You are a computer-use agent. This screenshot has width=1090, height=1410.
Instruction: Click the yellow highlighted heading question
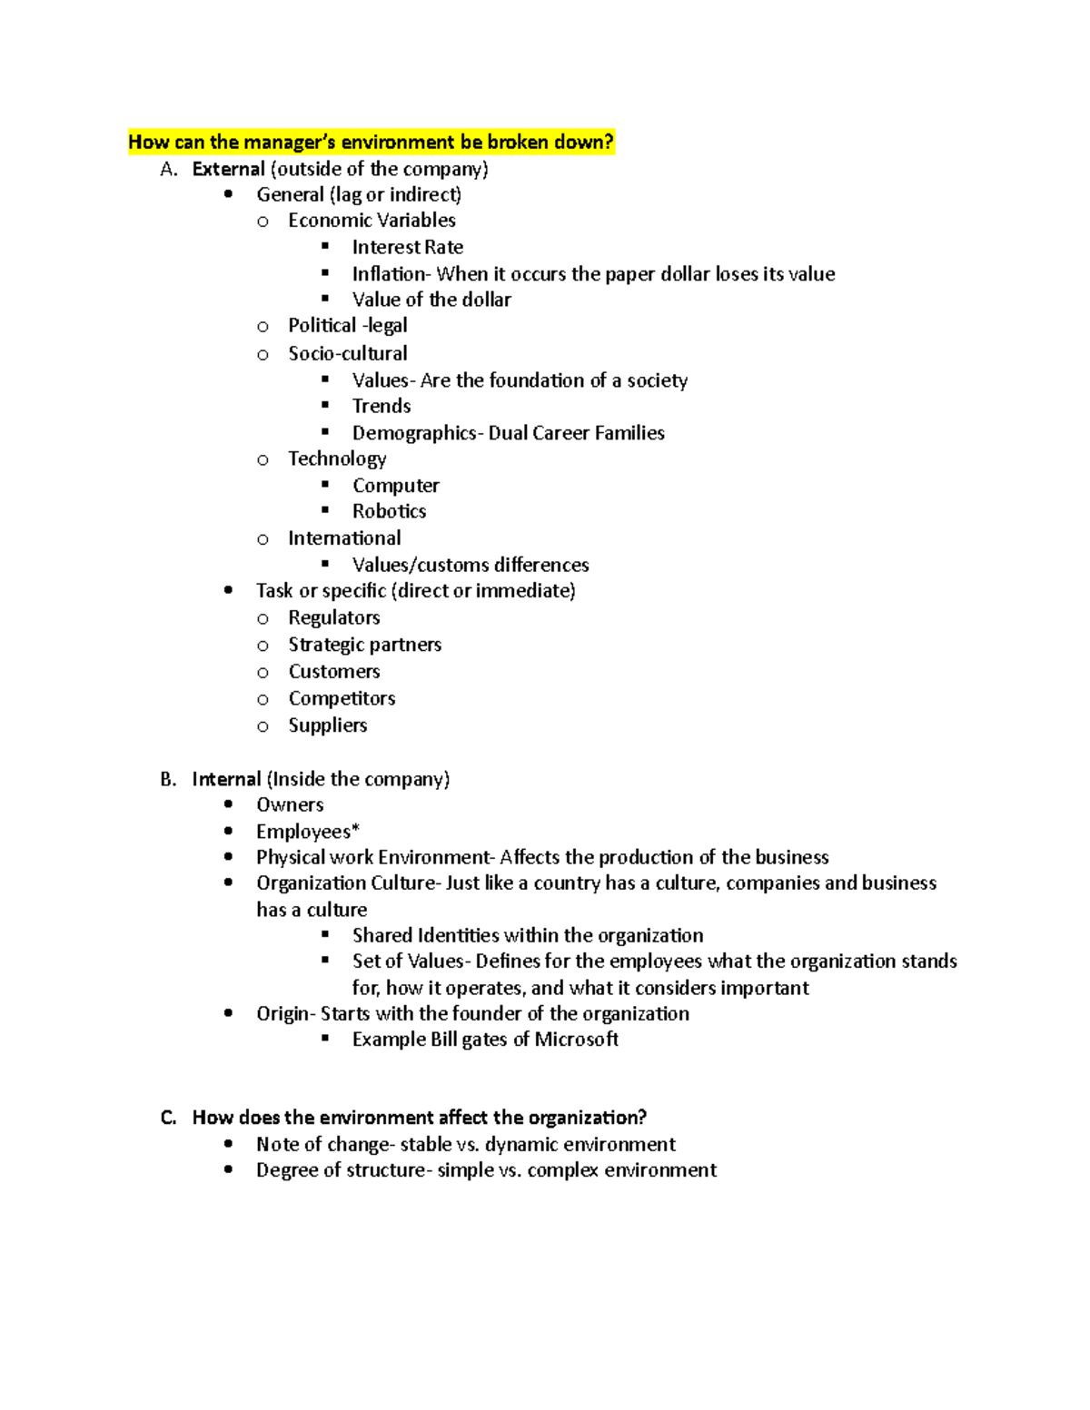coord(371,142)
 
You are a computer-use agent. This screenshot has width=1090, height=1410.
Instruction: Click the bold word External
coord(228,169)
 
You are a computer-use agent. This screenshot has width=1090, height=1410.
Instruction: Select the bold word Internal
coord(226,779)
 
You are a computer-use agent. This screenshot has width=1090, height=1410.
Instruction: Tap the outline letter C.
coord(168,1118)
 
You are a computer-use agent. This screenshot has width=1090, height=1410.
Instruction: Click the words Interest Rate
coord(407,247)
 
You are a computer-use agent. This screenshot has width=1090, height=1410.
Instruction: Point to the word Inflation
coord(389,274)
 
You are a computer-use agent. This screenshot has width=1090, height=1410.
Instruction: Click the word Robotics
coord(389,511)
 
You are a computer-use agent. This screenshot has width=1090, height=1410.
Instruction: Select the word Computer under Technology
coord(395,486)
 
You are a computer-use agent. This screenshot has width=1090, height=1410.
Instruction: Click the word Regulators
coord(333,617)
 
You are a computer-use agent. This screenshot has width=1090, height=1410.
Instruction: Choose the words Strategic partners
coord(364,645)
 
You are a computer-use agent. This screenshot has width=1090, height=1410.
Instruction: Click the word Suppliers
coord(327,725)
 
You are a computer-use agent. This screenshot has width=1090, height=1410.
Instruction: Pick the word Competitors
coord(342,698)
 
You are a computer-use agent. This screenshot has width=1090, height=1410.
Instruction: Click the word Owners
coord(290,804)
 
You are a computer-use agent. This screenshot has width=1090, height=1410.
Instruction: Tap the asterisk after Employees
coord(355,828)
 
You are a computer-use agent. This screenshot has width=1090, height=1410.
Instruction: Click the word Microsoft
coord(576,1040)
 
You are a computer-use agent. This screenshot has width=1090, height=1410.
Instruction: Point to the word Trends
coord(381,406)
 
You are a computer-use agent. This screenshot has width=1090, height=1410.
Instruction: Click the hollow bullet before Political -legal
coord(263,327)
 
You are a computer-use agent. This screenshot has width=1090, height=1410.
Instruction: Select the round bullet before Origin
coord(228,1012)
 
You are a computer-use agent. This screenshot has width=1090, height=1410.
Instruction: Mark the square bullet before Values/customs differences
coord(325,564)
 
